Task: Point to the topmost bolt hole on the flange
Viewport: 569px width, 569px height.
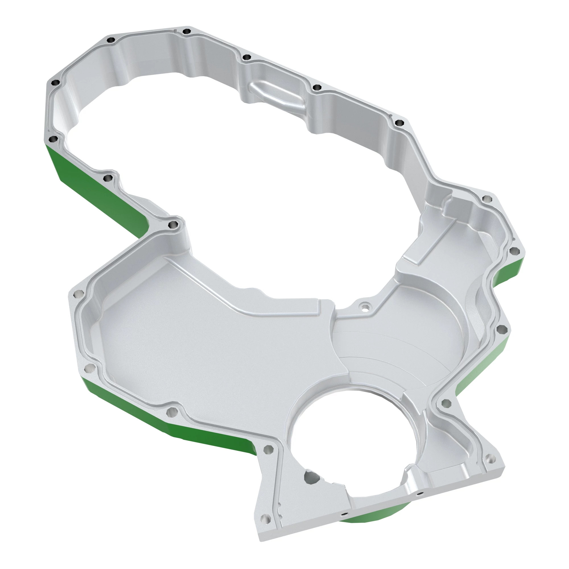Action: [186, 31]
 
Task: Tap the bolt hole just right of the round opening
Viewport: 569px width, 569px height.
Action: [446, 403]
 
